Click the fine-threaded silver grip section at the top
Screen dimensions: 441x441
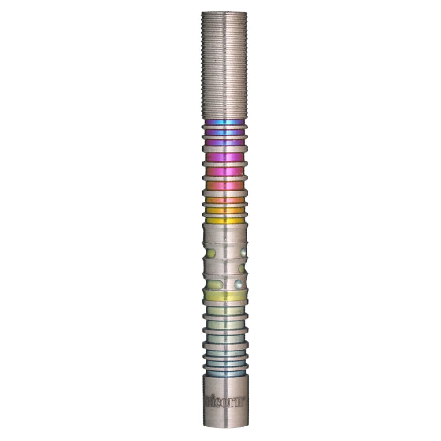(x=224, y=66)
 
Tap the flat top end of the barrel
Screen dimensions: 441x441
(x=224, y=13)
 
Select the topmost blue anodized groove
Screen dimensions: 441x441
(x=224, y=122)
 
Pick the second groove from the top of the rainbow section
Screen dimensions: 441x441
(x=224, y=132)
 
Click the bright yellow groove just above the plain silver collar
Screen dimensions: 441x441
(x=224, y=220)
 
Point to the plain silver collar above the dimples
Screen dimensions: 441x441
(x=224, y=233)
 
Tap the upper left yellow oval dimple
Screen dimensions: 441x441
(x=211, y=253)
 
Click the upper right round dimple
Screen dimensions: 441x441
(x=243, y=252)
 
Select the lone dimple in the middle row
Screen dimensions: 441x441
(x=242, y=268)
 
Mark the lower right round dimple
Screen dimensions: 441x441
(x=238, y=284)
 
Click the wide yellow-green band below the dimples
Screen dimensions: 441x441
(x=224, y=296)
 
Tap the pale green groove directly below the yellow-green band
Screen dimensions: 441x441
(x=224, y=310)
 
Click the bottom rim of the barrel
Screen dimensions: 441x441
(x=224, y=426)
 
